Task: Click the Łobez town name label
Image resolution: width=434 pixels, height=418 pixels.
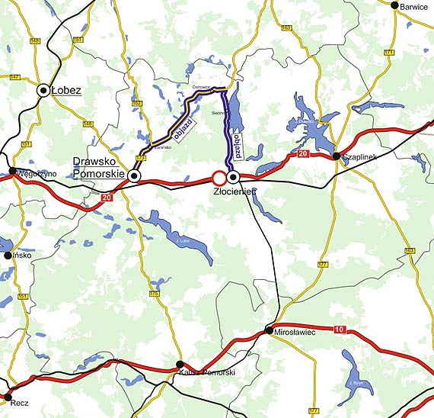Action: coord(68,91)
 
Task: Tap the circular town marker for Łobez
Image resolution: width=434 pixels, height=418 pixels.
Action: coord(43,91)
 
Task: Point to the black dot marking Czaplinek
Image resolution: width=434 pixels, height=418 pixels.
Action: coord(336,156)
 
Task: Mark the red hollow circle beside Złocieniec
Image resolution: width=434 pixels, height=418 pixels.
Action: coord(219,177)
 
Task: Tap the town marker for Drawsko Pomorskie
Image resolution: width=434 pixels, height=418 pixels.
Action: coord(134,176)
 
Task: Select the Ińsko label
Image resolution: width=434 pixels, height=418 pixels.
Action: coord(22,255)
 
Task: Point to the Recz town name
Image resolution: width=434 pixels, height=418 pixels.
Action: coord(20,397)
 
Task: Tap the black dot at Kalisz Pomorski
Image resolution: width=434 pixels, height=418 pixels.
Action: coord(180,365)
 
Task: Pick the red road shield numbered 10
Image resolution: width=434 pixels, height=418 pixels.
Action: coord(339,329)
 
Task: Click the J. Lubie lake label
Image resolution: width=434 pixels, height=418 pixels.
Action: coord(182,241)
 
